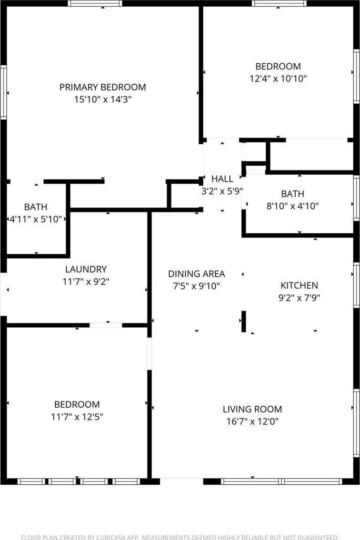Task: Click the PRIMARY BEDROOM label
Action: pos(103,87)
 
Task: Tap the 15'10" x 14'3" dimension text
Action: pos(103,100)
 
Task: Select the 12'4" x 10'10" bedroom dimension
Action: pos(278,79)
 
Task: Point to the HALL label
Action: pos(222,179)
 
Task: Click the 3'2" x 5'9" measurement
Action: pos(222,191)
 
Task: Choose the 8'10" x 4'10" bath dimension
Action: pos(292,206)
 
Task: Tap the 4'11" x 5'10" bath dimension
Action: pos(36,219)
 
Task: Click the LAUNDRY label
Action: pos(86,270)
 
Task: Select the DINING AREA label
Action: pos(196,274)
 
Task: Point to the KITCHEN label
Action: pos(300,285)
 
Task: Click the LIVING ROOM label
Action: pos(252,409)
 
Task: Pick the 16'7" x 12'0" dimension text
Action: pos(252,421)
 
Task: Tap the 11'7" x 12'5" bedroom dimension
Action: pos(77,417)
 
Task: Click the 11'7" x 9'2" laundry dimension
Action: pos(86,281)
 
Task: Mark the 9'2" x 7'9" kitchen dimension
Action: pos(300,298)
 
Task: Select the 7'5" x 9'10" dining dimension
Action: pos(196,286)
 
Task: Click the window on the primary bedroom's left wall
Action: pos(3,92)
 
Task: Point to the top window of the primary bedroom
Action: pos(95,3)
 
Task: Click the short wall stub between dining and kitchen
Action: pos(243,321)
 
